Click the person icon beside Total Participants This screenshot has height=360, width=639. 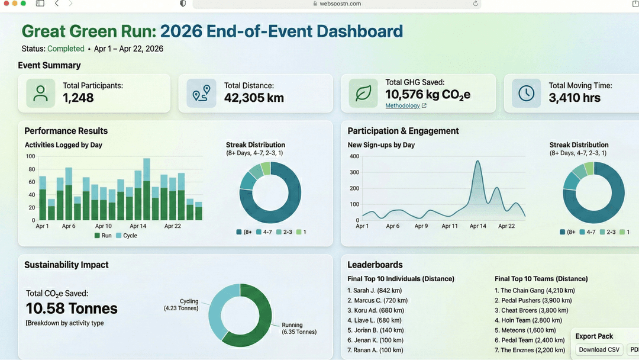(40, 93)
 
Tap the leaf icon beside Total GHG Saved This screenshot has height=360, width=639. (363, 93)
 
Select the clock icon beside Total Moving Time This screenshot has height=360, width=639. (526, 93)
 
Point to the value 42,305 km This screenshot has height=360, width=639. (254, 98)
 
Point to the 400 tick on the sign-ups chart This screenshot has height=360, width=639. (354, 156)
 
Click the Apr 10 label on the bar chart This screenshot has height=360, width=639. (104, 226)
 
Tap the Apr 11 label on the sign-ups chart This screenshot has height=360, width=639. (450, 226)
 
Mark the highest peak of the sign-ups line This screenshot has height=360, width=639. (477, 161)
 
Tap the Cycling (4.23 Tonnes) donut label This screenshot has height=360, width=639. (181, 304)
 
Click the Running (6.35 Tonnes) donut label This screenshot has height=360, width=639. (299, 328)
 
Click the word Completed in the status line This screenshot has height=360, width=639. (66, 49)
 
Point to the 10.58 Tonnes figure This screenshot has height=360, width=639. (72, 308)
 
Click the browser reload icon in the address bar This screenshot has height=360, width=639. (475, 4)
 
